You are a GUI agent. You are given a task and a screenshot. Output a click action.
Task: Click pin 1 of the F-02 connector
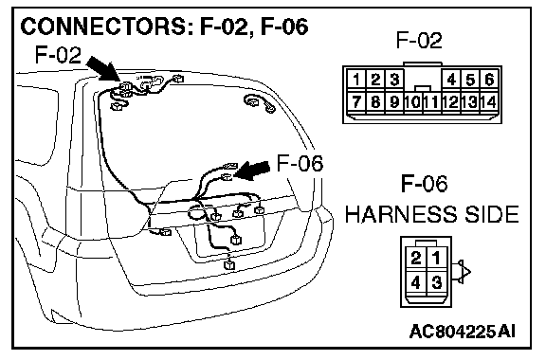pyautogui.click(x=356, y=80)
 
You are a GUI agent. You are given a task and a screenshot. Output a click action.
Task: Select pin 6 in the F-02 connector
pyautogui.click(x=489, y=80)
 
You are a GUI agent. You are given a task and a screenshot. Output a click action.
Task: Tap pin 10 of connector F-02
pyautogui.click(x=413, y=102)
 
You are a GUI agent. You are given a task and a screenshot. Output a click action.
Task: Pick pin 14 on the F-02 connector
pyautogui.click(x=489, y=102)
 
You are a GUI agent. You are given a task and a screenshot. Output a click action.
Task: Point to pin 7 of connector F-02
pyautogui.click(x=356, y=102)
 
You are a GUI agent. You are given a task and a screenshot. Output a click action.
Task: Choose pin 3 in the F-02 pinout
pyautogui.click(x=394, y=80)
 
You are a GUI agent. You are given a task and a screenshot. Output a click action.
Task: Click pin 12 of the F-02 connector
pyautogui.click(x=451, y=102)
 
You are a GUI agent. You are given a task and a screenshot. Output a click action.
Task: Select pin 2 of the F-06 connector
pyautogui.click(x=416, y=258)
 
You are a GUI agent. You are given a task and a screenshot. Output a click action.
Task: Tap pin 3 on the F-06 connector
pyautogui.click(x=437, y=282)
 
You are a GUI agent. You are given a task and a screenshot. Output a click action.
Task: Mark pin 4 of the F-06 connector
pyautogui.click(x=416, y=282)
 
